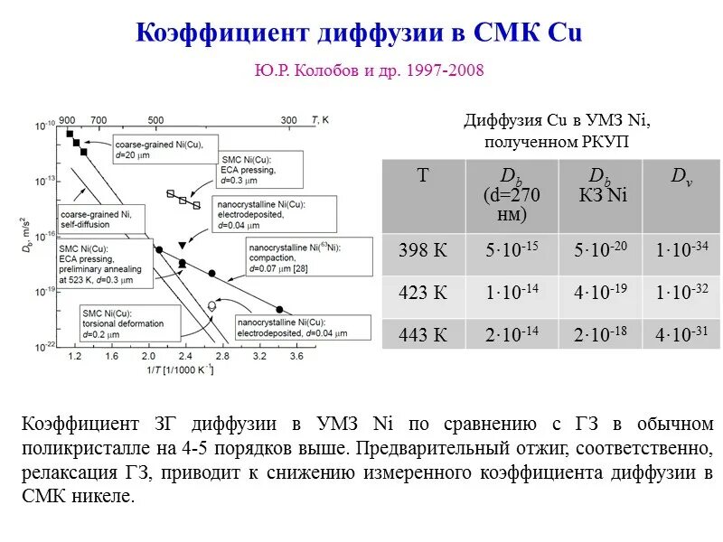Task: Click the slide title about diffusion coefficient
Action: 360,33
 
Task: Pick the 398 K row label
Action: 423,250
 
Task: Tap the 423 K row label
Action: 423,292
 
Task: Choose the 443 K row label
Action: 423,334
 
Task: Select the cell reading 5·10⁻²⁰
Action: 599,250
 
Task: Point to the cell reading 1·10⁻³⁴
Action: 681,250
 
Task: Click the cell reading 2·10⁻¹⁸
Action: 599,334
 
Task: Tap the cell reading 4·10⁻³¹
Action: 681,334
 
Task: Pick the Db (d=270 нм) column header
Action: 512,194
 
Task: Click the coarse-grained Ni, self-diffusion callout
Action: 97,218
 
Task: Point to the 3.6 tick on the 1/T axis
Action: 296,357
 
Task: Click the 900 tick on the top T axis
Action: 67,119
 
